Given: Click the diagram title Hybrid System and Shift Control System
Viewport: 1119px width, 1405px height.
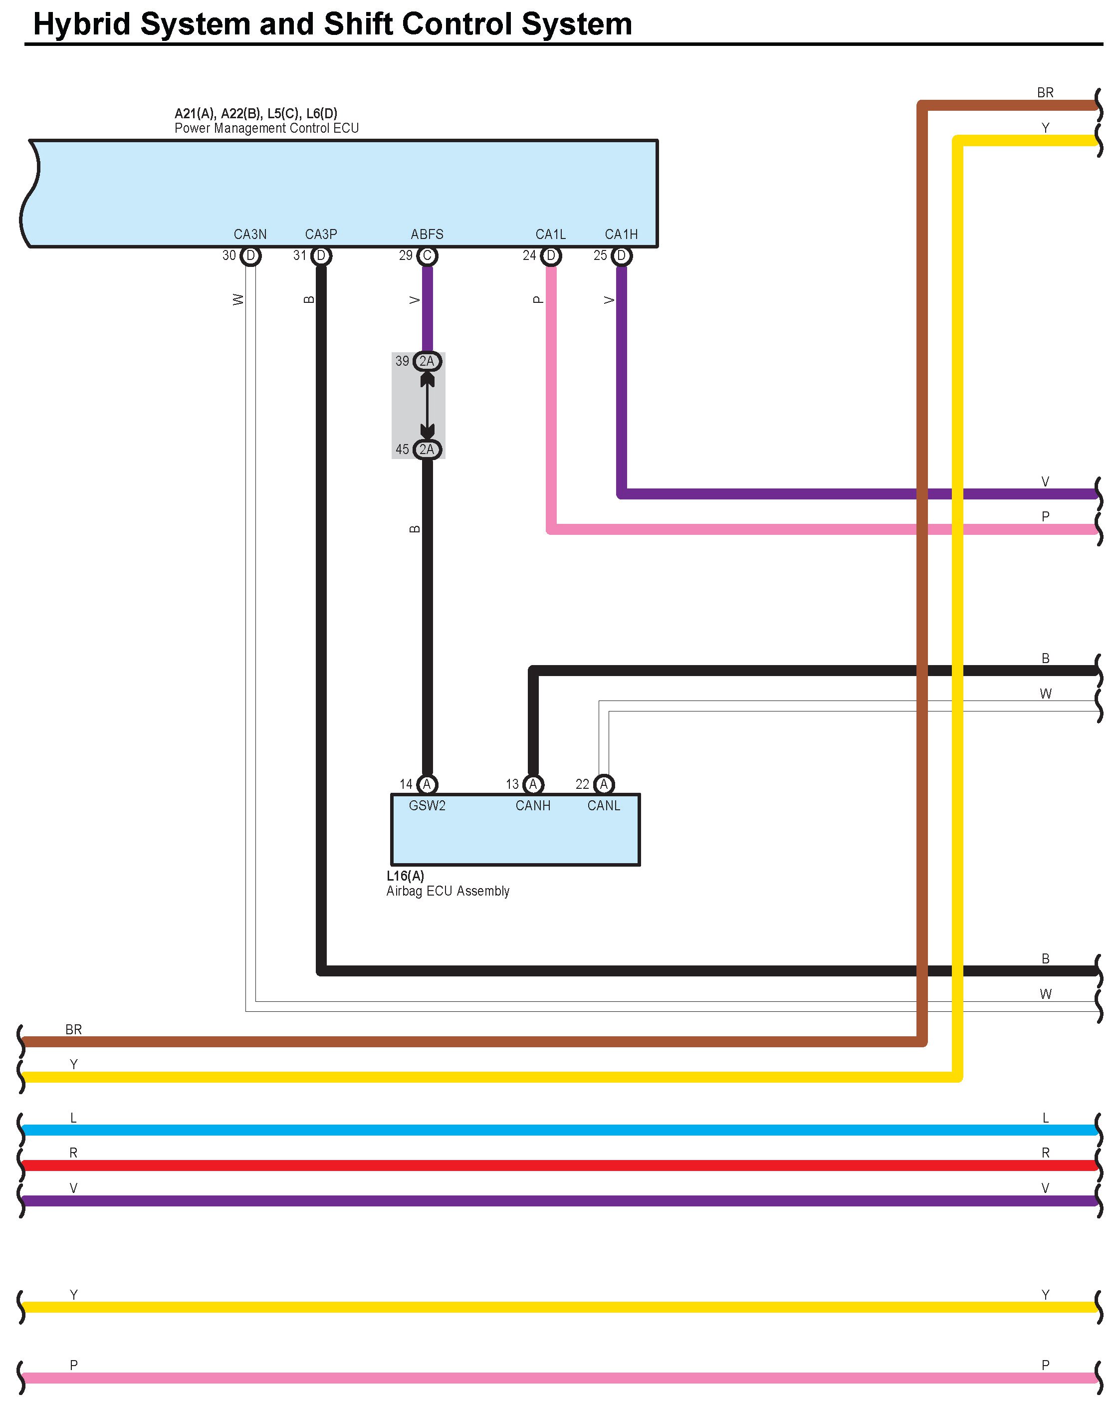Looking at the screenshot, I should tap(332, 24).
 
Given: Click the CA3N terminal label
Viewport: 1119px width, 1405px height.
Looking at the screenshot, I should tap(250, 234).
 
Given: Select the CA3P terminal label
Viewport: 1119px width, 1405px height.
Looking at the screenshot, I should tap(321, 234).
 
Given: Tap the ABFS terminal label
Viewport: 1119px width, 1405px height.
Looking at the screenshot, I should tap(427, 234).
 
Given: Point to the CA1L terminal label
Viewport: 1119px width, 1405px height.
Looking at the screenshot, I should tap(551, 234).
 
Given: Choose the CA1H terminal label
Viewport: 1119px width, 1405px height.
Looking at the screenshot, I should tap(621, 234).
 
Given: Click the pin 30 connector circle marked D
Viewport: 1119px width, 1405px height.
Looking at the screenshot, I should tap(250, 255).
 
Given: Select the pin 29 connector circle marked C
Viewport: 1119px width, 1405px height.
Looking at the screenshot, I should tap(427, 255).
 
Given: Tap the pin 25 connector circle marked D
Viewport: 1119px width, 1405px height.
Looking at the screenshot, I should tap(621, 255).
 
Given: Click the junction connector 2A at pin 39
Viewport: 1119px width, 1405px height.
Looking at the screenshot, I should tap(427, 361).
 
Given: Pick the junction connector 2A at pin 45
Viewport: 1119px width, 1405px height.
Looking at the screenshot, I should tap(427, 449).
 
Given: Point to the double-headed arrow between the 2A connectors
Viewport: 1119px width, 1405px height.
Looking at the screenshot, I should tap(427, 405).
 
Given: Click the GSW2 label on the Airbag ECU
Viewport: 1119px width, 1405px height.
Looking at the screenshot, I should tap(427, 805).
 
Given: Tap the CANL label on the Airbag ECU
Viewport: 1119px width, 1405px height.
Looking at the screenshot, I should tap(604, 805).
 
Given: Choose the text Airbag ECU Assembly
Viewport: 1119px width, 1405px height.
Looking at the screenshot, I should tap(448, 891).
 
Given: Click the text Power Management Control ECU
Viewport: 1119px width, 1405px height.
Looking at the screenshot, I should tap(266, 128).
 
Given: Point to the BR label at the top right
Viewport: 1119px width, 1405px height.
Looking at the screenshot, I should tap(1045, 92).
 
